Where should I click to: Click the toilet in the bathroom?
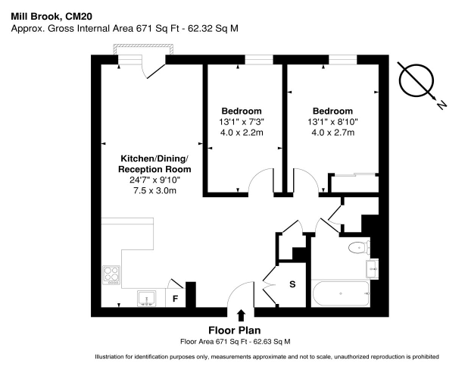360,247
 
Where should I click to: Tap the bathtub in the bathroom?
340,293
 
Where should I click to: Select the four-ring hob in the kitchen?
111,275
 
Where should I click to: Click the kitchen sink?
147,298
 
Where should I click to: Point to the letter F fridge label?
175,299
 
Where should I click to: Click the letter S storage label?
292,284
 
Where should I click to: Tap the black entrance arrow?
241,316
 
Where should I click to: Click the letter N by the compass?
441,105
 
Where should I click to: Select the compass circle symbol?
417,80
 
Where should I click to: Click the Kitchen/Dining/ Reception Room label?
154,164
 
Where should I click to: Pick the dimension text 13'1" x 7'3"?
242,122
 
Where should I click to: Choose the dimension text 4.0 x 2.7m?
332,133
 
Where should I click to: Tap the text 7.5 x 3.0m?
154,190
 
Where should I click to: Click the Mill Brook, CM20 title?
51,16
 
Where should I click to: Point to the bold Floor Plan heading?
235,331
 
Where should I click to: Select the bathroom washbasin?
373,268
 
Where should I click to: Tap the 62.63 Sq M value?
272,341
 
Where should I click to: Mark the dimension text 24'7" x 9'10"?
154,180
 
